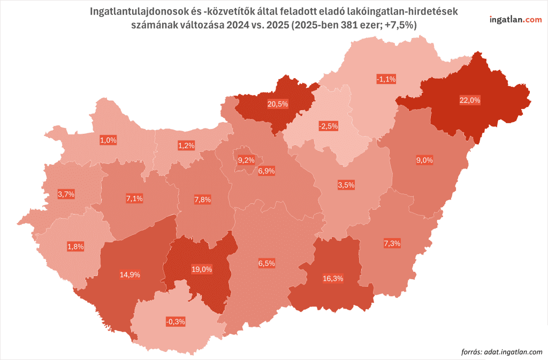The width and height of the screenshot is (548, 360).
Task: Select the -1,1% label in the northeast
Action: (386, 79)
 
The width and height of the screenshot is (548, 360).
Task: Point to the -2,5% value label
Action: (328, 126)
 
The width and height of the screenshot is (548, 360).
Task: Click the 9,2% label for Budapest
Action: (246, 160)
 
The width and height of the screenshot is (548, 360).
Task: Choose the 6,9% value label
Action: (266, 171)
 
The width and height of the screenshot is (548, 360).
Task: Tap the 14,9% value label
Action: (130, 274)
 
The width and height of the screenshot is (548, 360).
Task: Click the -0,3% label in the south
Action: (175, 321)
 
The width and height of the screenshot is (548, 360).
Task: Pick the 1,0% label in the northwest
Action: (108, 140)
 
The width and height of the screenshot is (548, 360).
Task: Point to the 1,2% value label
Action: (186, 145)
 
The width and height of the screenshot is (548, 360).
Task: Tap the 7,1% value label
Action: (134, 199)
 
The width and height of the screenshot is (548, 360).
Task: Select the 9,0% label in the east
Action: (424, 160)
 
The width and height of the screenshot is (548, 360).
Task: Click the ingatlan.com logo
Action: (515, 19)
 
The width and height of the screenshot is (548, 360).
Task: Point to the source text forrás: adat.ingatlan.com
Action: (501, 351)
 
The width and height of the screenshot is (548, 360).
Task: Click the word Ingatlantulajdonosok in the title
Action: (135, 11)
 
